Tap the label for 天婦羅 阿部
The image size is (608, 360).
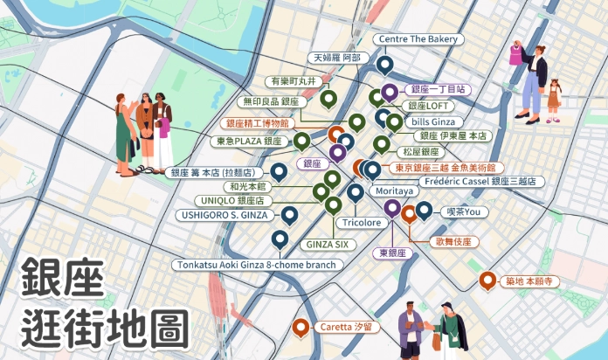[x=336, y=58]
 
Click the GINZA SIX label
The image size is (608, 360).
[x=326, y=244]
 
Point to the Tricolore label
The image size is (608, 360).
[x=361, y=223]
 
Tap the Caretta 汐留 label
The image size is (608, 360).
[x=347, y=326]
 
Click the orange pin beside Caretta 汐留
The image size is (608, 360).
[x=301, y=328]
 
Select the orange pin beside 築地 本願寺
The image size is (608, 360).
[x=487, y=280]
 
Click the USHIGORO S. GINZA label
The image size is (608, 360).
[x=223, y=214]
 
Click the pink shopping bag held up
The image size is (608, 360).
[x=518, y=54]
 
